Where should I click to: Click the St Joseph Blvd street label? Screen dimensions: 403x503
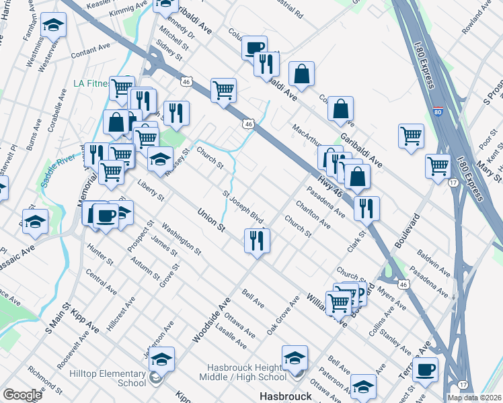(243, 207)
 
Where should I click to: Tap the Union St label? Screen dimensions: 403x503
(211, 220)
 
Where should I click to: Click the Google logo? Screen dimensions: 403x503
(22, 395)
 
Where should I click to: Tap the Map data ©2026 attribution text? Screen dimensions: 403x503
(474, 398)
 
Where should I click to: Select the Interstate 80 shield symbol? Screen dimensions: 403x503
(438, 109)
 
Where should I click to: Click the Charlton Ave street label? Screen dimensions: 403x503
(313, 214)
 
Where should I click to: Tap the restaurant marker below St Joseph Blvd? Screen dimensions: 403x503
(256, 241)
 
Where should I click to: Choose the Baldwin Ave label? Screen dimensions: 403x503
(434, 263)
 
